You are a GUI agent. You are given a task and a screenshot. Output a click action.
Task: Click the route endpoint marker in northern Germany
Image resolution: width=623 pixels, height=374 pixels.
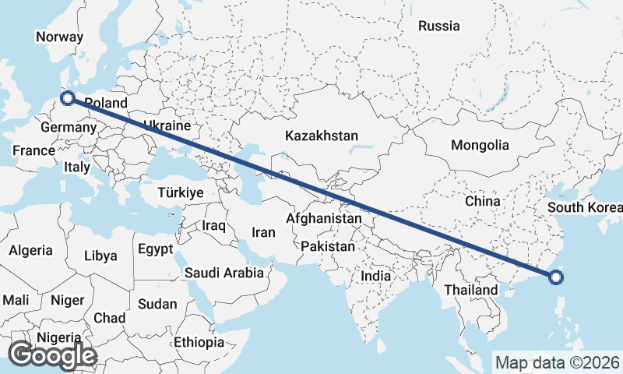[68, 98]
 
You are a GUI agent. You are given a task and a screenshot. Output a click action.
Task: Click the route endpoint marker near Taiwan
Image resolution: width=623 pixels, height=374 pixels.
[555, 276]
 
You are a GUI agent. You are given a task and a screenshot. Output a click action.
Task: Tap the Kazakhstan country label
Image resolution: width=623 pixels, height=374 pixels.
[322, 136]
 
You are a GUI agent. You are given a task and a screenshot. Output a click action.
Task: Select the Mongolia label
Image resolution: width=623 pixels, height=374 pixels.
[480, 145]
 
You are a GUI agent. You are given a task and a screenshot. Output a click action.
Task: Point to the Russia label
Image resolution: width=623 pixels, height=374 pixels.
[438, 26]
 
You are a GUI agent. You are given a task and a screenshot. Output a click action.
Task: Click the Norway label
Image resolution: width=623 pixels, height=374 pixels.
[59, 37]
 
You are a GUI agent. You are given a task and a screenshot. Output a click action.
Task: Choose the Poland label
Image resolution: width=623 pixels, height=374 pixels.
[105, 103]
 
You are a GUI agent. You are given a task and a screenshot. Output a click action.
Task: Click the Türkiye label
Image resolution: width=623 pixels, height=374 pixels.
[180, 192]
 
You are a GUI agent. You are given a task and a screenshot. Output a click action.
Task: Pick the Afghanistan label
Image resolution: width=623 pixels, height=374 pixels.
[324, 219]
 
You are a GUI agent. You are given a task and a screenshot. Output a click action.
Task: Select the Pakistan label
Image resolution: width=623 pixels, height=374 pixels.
[328, 246]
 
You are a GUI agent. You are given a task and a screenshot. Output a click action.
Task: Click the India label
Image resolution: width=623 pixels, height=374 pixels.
[376, 276]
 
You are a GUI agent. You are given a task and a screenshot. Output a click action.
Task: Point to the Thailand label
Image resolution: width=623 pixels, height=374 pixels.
[471, 290]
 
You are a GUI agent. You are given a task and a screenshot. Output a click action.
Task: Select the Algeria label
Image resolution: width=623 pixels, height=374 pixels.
[31, 250]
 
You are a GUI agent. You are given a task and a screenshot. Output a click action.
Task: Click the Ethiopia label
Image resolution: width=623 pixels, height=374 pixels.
[199, 341]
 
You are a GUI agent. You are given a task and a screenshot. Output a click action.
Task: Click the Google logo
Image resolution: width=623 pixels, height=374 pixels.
[52, 355]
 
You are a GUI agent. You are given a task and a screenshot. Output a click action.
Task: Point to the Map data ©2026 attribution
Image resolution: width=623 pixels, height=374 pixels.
[558, 362]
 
